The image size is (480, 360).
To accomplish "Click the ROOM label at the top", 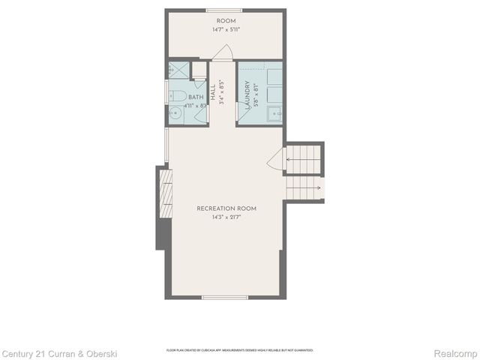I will pyautogui.click(x=226, y=20).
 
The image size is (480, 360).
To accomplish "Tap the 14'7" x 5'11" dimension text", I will pyautogui.click(x=226, y=31).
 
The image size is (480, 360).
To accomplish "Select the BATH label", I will pyautogui.click(x=196, y=97).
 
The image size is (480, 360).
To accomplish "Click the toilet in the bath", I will pyautogui.click(x=178, y=95).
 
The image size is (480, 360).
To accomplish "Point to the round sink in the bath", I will pyautogui.click(x=175, y=115).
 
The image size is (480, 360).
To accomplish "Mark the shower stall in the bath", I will pyautogui.click(x=178, y=70).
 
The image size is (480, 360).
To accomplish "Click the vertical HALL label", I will pyautogui.click(x=214, y=93).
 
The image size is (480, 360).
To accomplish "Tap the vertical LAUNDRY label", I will pyautogui.click(x=247, y=96).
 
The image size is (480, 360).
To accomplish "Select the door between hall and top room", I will pyautogui.click(x=223, y=52).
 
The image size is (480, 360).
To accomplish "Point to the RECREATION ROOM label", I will pyautogui.click(x=226, y=208).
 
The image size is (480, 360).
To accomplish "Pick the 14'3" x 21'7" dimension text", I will pyautogui.click(x=226, y=218).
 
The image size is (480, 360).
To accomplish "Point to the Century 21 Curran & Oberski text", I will pyautogui.click(x=60, y=352).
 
